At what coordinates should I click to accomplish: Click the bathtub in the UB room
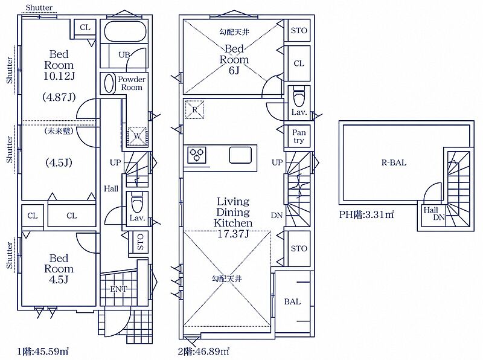(125, 31)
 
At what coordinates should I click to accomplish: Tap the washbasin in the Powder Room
(109, 83)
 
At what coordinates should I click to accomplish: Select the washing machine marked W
(137, 136)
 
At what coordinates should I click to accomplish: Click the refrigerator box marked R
(194, 109)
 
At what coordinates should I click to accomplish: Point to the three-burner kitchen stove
(197, 155)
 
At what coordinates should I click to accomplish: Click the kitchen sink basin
(240, 155)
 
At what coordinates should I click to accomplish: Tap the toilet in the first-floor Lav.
(137, 202)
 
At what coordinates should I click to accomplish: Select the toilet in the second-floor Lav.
(298, 95)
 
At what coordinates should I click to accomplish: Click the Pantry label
(298, 137)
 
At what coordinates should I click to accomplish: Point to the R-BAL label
(394, 162)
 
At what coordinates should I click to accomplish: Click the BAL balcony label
(292, 301)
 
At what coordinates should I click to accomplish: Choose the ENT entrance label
(118, 289)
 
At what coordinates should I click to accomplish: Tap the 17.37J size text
(233, 234)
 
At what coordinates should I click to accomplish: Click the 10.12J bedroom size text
(59, 76)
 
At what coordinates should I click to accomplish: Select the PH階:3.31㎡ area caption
(366, 214)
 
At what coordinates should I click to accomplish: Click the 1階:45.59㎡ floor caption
(42, 351)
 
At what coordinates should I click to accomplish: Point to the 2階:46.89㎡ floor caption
(203, 351)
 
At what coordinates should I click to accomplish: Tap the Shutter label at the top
(39, 7)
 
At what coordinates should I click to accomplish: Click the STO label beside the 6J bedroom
(299, 31)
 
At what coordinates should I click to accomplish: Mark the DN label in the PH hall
(439, 217)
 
